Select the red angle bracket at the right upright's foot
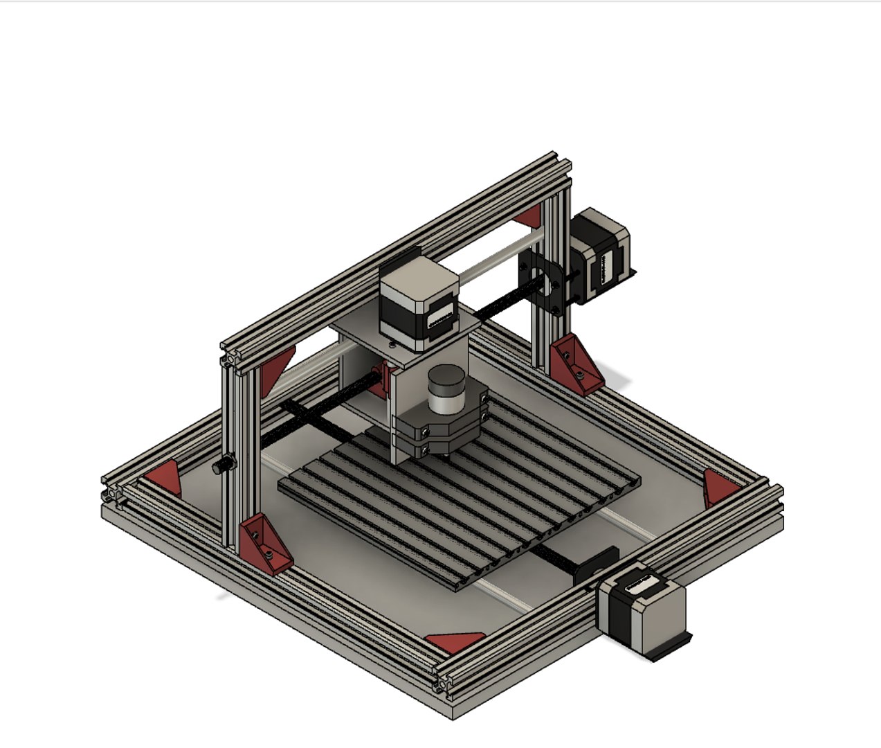pyautogui.click(x=576, y=364)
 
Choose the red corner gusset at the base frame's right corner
pyautogui.click(x=718, y=488)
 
